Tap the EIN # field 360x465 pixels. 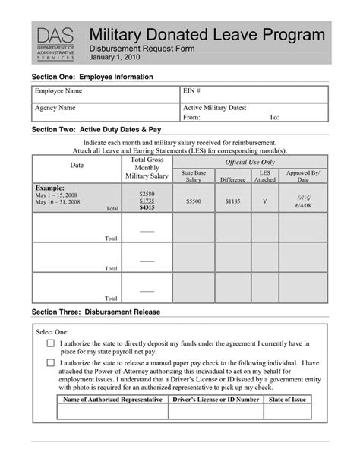click(254, 94)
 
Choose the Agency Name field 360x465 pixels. click(105, 112)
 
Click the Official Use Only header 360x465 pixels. click(250, 163)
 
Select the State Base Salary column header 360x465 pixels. click(194, 176)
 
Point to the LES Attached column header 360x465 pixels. click(264, 176)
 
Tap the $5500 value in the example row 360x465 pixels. click(194, 201)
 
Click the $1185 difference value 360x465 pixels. click(233, 201)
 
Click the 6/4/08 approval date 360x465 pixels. click(303, 207)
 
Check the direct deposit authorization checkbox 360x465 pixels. click(51, 343)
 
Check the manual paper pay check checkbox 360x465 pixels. click(51, 363)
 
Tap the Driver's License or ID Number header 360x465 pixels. click(216, 399)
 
